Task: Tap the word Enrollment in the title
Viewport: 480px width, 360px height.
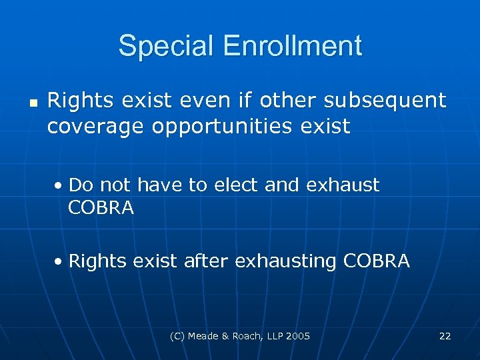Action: pyautogui.click(x=293, y=46)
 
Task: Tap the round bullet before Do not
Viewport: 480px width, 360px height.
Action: pyautogui.click(x=59, y=185)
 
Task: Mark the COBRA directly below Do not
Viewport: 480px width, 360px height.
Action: pyautogui.click(x=101, y=209)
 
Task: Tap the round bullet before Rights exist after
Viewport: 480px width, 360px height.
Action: pyautogui.click(x=59, y=261)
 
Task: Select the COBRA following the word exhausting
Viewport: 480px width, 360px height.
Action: pyautogui.click(x=377, y=261)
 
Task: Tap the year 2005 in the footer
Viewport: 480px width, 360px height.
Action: pyautogui.click(x=297, y=336)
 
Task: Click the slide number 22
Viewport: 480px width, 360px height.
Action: pyautogui.click(x=445, y=336)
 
